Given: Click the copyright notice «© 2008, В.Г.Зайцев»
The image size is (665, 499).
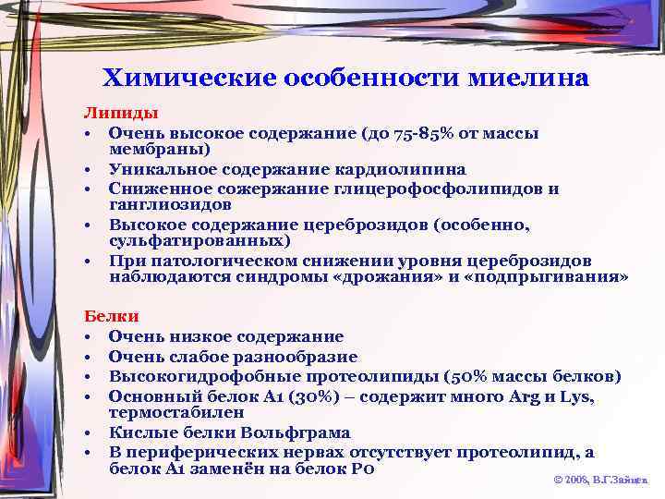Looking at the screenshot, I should point(600,481).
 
